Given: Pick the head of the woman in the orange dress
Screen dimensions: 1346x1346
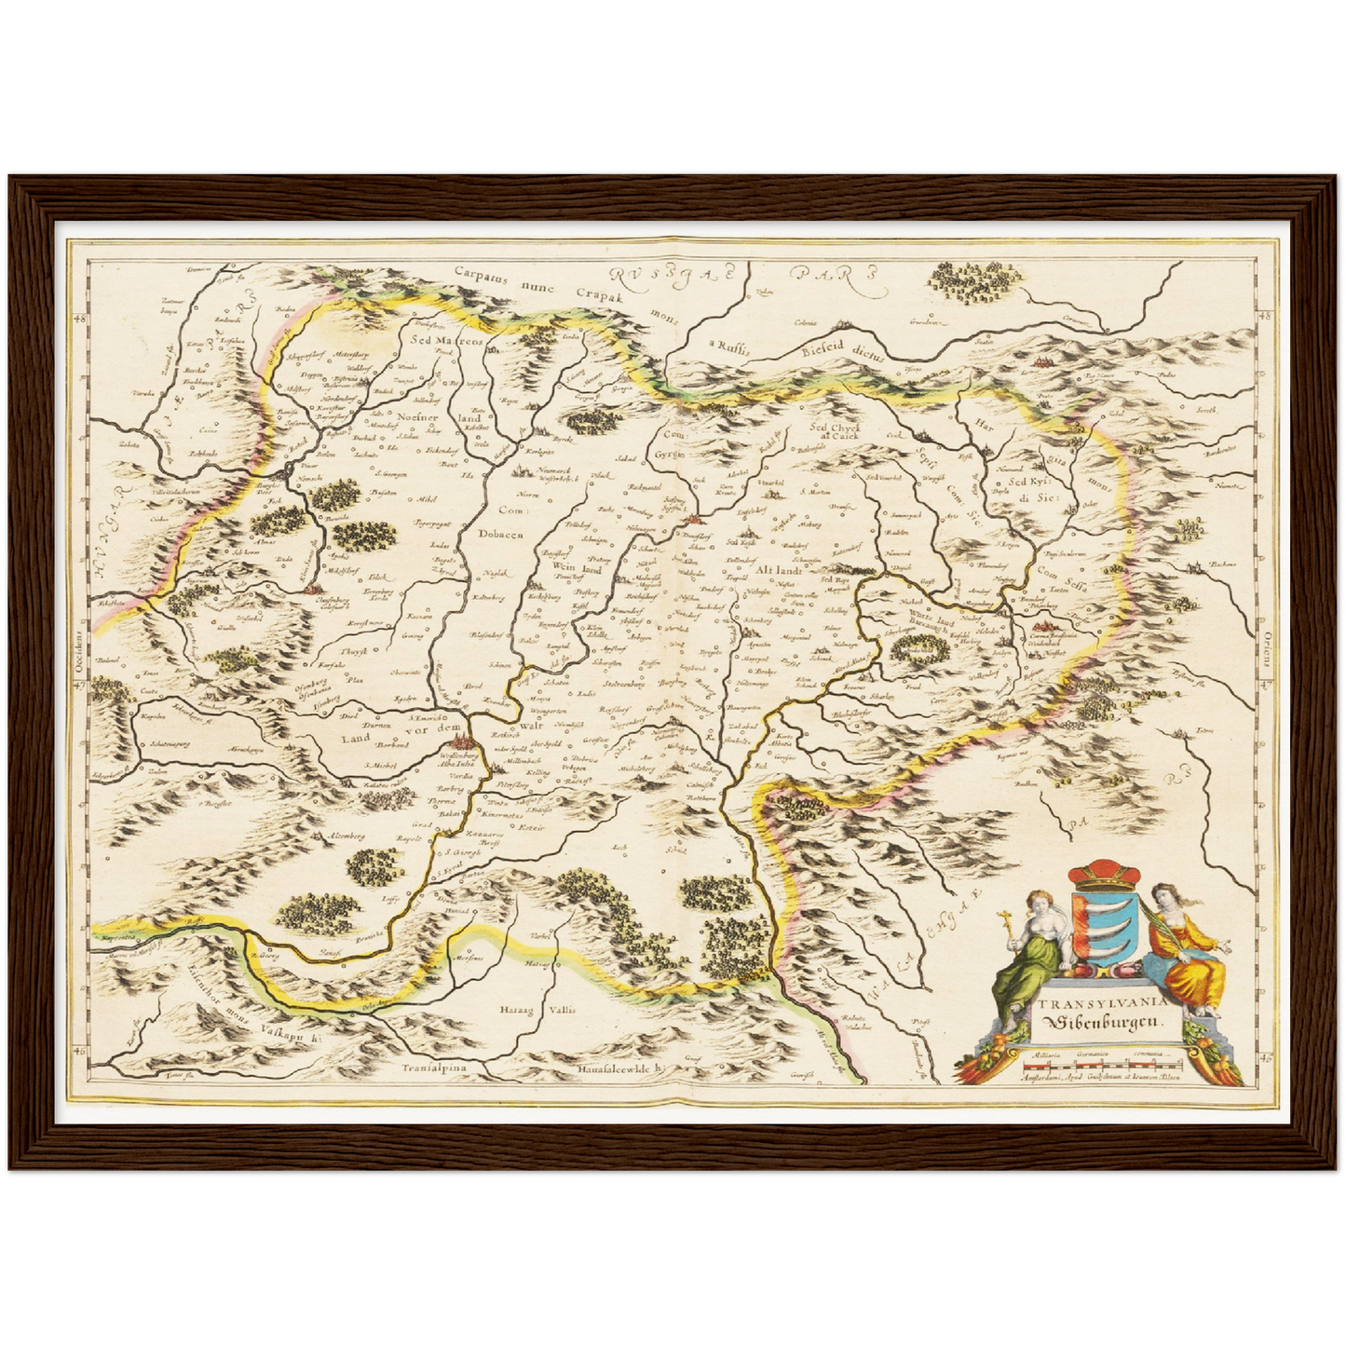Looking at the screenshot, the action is click(x=1162, y=898).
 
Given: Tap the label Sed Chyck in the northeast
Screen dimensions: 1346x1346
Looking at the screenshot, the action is click(x=835, y=428).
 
